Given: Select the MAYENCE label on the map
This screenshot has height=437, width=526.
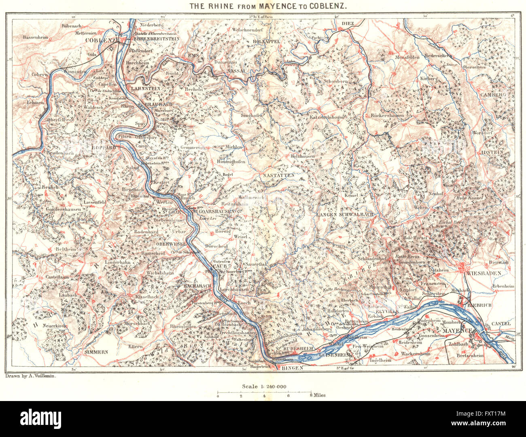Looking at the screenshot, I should click(458, 331).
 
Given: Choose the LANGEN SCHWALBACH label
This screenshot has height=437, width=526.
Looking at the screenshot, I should click(345, 214).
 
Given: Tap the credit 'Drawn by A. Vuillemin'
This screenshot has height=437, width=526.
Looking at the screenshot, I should click(31, 376).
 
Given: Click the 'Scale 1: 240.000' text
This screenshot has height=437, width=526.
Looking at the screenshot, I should click(263, 386).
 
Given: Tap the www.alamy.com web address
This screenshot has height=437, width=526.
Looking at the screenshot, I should click(494, 425).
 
